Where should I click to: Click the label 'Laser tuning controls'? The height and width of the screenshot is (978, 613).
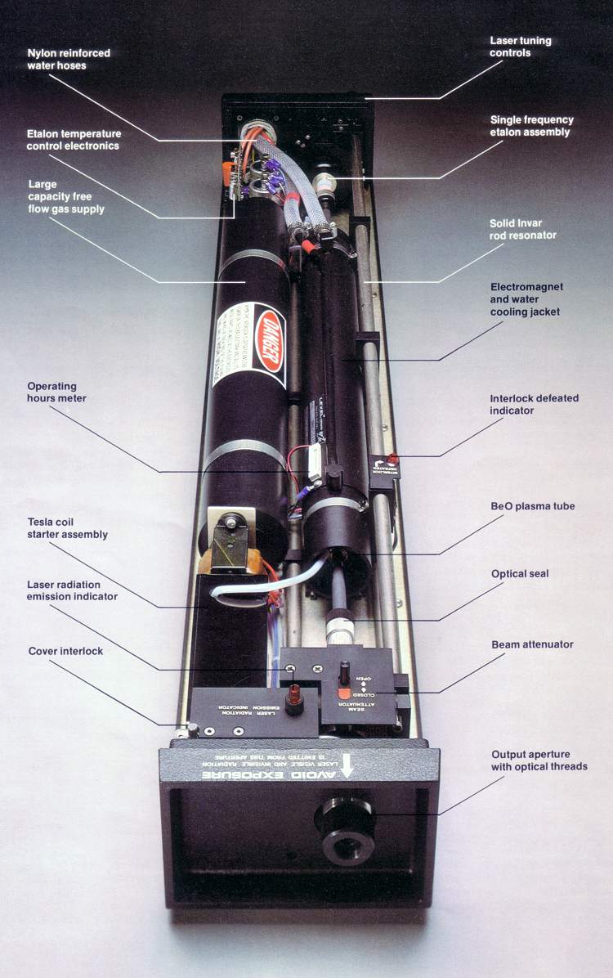(520, 47)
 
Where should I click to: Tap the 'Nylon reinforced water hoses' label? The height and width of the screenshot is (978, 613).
(69, 59)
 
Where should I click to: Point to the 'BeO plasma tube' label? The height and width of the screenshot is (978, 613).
(532, 506)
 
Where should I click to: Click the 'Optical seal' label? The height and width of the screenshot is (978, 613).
(520, 573)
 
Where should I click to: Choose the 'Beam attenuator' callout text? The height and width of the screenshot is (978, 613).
(532, 644)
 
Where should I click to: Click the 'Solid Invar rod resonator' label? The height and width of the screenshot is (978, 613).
(522, 229)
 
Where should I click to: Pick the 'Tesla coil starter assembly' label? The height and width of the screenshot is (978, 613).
(67, 528)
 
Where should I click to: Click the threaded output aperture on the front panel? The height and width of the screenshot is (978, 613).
(344, 820)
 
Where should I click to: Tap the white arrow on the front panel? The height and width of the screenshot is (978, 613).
(347, 765)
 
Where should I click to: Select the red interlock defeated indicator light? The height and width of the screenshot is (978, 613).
(392, 460)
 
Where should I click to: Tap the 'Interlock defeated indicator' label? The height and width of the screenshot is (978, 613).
(534, 404)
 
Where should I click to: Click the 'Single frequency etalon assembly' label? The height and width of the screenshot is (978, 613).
(531, 125)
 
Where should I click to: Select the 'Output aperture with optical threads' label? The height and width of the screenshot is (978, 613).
(539, 760)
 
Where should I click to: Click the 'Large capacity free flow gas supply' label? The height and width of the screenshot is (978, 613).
(66, 196)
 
